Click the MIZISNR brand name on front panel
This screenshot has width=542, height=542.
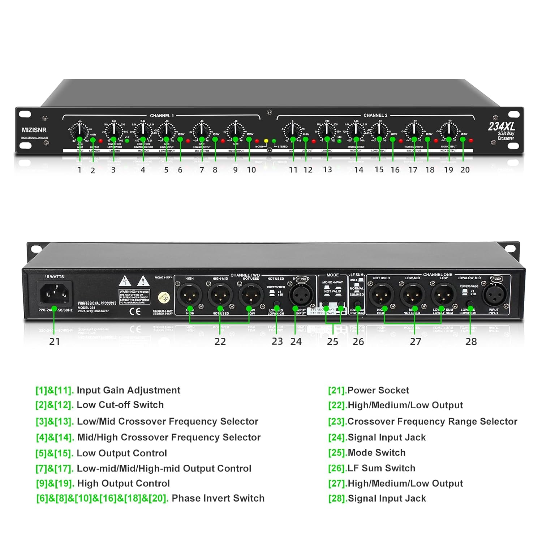tap(34, 130)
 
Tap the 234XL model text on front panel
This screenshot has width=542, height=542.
tap(501, 126)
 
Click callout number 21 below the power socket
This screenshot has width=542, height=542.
tap(55, 341)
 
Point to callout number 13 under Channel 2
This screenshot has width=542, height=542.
tap(327, 169)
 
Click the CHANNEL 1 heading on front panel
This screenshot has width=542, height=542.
tap(162, 116)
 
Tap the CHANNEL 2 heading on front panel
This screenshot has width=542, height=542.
tap(375, 115)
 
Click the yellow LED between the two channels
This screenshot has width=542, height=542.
tap(266, 141)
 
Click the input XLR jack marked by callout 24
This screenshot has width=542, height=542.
tap(301, 296)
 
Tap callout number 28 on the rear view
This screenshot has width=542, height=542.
tap(471, 341)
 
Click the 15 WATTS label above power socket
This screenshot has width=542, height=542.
tap(54, 277)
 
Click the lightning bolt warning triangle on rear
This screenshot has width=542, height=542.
tap(125, 281)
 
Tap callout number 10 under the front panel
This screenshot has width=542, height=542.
tap(251, 170)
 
